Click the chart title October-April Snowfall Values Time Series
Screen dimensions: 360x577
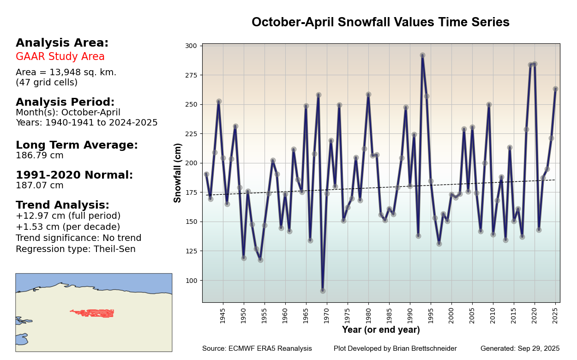pyautogui.click(x=380, y=22)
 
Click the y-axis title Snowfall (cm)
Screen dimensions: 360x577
pyautogui.click(x=178, y=173)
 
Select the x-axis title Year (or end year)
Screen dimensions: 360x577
pyautogui.click(x=381, y=330)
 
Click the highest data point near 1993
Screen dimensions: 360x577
pyautogui.click(x=422, y=55)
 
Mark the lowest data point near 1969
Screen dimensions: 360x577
pyautogui.click(x=323, y=291)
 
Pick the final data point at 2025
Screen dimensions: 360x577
pyautogui.click(x=555, y=89)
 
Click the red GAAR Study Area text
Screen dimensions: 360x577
pyautogui.click(x=60, y=57)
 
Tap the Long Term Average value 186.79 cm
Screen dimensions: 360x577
pyautogui.click(x=40, y=156)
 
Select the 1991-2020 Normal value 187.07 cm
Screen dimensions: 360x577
pyautogui.click(x=40, y=186)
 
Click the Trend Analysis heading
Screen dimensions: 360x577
pyautogui.click(x=62, y=205)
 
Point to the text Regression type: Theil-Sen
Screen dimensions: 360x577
pyautogui.click(x=76, y=249)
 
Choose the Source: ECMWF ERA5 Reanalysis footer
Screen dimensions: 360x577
pyautogui.click(x=257, y=348)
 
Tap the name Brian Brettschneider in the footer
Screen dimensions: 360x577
pyautogui.click(x=425, y=348)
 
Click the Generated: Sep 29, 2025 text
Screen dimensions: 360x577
pyautogui.click(x=520, y=348)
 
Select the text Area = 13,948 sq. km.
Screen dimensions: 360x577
pyautogui.click(x=66, y=72)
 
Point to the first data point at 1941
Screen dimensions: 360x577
pyautogui.click(x=206, y=174)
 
